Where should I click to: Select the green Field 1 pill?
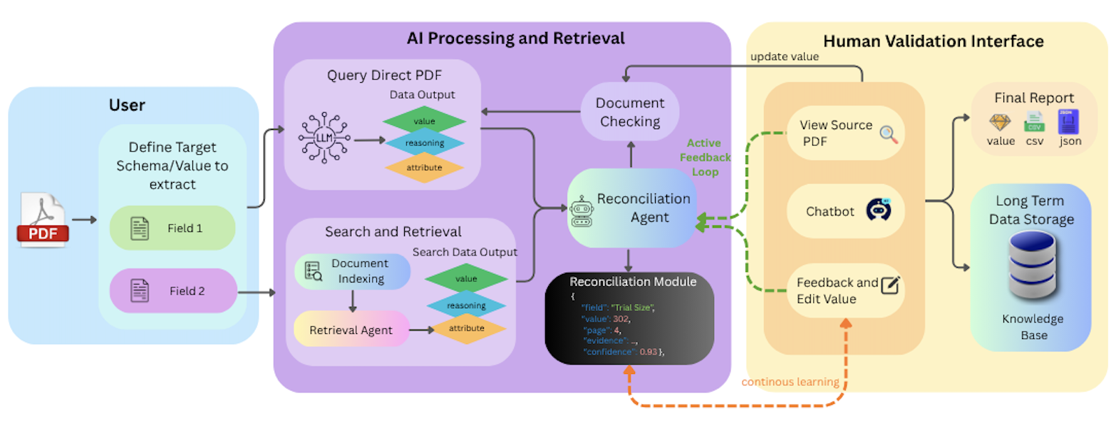point(172,228)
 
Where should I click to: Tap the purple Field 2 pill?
point(172,290)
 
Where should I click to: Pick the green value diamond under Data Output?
point(424,122)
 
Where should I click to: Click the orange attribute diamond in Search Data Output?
point(466,328)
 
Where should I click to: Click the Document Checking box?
point(629,112)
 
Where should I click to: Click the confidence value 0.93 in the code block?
point(647,352)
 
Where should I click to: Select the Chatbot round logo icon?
point(879,210)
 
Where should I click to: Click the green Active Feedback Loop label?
point(703,157)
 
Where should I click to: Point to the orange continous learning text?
point(790,382)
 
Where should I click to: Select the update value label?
point(784,56)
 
